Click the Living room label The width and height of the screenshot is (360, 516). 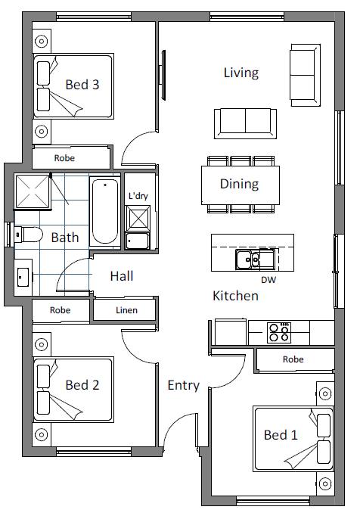point(241,73)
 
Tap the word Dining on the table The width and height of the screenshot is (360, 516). point(239,184)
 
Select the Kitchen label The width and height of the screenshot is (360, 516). point(236,296)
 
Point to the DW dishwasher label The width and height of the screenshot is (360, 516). point(268,280)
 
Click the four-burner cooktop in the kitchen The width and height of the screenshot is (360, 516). point(279,332)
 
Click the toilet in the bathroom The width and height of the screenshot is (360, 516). point(28,234)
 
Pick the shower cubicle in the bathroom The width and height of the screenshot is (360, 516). point(33,191)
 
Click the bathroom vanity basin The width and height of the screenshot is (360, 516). point(23,277)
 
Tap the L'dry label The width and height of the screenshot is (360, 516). point(138,196)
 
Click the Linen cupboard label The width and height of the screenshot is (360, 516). point(127,310)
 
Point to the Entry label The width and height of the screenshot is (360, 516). point(184,385)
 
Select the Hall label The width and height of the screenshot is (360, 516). point(122,275)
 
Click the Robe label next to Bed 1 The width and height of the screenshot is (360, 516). point(293,359)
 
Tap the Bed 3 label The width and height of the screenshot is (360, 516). point(82,85)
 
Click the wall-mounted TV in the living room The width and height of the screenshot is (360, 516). point(162,75)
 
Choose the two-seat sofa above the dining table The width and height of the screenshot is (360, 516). point(245,124)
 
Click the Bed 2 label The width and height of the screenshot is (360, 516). point(82,384)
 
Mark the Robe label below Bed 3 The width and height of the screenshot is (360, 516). point(64,158)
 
